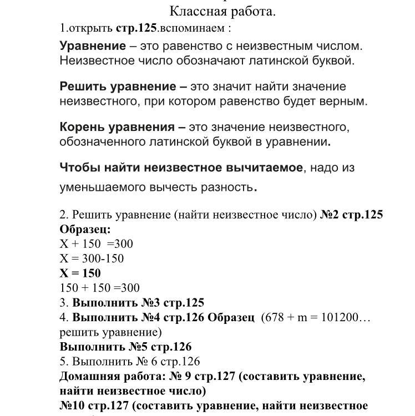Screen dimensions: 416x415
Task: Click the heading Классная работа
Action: point(222,11)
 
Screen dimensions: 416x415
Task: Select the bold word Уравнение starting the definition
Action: point(93,46)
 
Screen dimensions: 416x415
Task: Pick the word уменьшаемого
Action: point(100,187)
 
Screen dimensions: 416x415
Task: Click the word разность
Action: point(227,187)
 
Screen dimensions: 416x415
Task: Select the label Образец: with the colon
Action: point(85,229)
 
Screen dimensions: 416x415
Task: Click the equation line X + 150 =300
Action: point(96,244)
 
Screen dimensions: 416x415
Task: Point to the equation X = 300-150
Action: point(92,258)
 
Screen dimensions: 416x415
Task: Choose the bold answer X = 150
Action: point(80,273)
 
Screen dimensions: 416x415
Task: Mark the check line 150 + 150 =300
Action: point(99,288)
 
